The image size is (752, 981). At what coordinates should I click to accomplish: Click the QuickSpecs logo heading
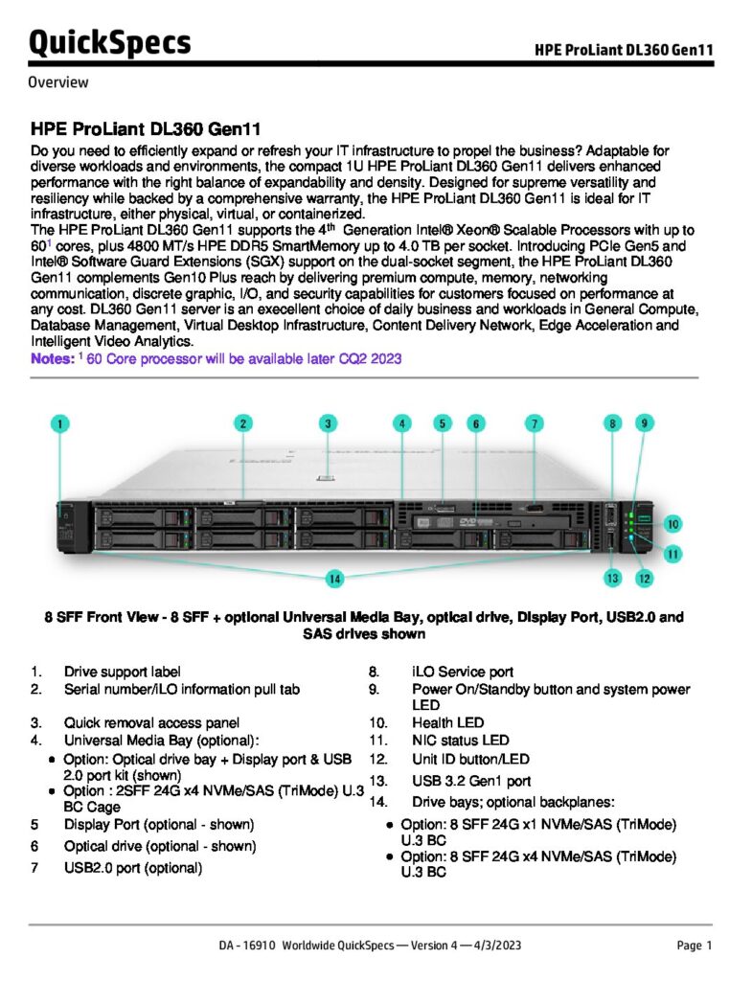(x=109, y=42)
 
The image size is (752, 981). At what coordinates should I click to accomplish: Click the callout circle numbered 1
(x=60, y=422)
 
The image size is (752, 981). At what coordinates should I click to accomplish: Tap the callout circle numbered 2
(x=244, y=422)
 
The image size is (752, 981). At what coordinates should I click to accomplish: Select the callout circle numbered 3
(x=328, y=422)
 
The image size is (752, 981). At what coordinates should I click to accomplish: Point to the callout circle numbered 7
(x=534, y=422)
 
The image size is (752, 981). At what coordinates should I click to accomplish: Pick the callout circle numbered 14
(x=334, y=579)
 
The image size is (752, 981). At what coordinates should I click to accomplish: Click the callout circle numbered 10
(x=673, y=524)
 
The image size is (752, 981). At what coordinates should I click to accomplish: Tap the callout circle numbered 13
(x=613, y=578)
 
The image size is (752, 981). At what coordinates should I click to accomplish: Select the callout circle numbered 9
(x=646, y=422)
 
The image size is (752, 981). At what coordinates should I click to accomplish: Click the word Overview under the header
(x=58, y=82)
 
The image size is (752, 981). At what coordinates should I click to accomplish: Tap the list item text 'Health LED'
(x=447, y=722)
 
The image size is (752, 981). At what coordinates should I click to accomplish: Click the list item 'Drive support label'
(x=122, y=673)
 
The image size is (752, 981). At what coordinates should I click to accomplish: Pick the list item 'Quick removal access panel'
(x=151, y=722)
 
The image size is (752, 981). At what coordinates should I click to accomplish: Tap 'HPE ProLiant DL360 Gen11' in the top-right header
(x=624, y=50)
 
